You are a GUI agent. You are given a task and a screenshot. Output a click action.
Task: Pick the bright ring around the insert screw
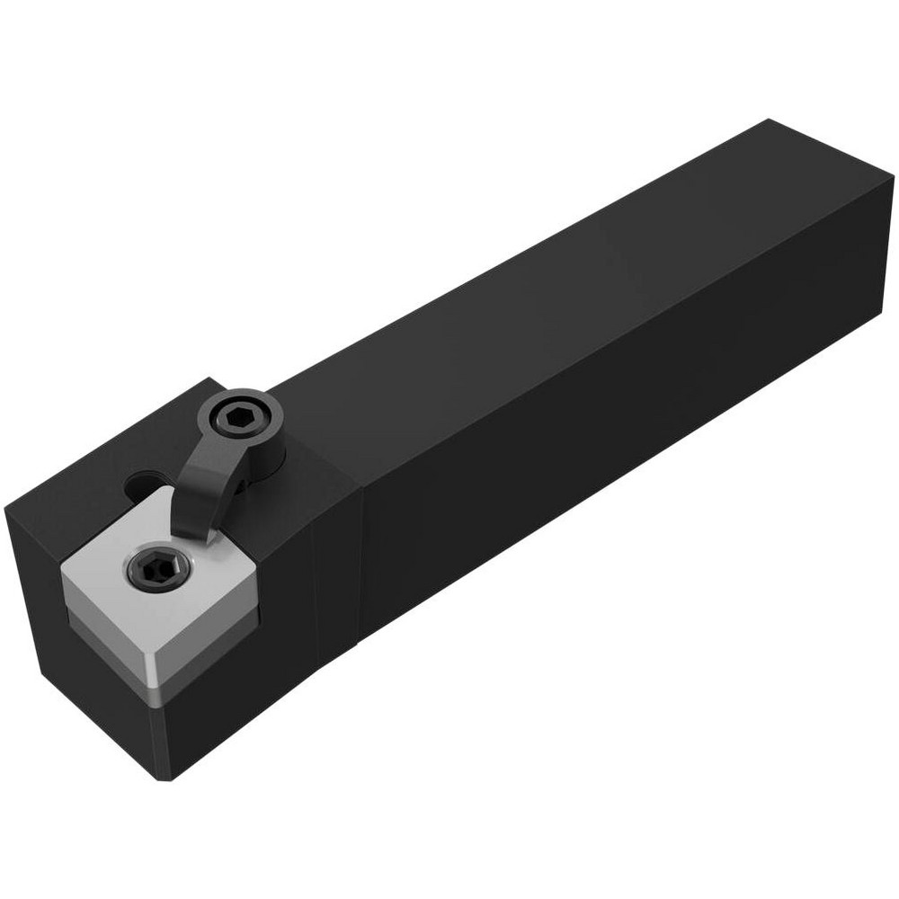tap(134, 561)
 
